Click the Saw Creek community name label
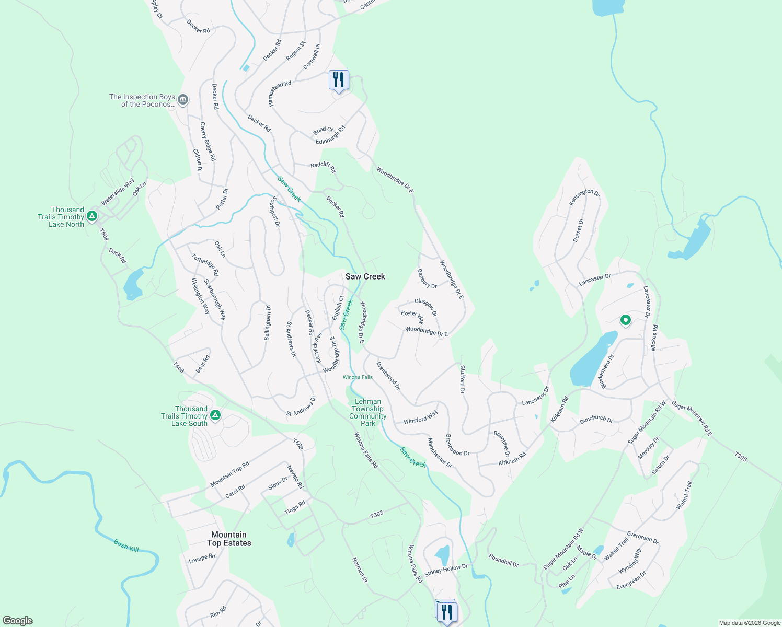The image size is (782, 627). [365, 276]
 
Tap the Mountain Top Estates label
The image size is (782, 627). [229, 539]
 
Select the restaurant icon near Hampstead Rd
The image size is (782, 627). [339, 80]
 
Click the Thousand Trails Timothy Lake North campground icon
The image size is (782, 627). [92, 215]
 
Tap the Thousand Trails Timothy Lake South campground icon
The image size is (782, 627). [215, 415]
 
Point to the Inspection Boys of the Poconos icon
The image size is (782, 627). [183, 99]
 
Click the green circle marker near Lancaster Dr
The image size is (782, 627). [625, 320]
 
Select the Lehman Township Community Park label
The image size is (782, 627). [368, 413]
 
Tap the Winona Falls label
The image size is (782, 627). [358, 377]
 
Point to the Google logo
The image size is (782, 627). [18, 621]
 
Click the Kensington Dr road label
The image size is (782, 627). [584, 196]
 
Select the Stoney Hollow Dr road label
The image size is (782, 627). [446, 570]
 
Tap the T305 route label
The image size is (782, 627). [741, 456]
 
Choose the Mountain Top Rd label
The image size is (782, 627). [229, 474]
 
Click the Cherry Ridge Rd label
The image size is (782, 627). [208, 142]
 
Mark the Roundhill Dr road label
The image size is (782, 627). [503, 561]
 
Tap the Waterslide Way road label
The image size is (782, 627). [118, 192]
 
